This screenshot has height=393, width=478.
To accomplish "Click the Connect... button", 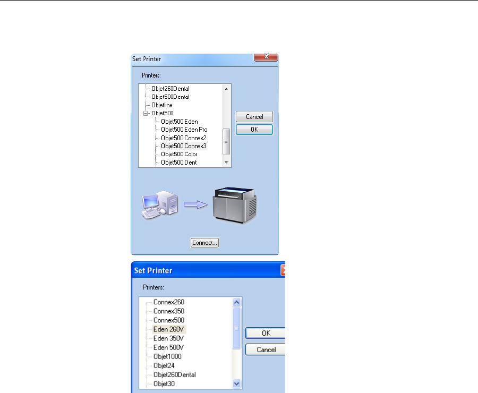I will (204, 243).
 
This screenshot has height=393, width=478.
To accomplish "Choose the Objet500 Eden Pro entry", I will (184, 130).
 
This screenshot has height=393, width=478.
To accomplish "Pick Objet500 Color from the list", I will (179, 154).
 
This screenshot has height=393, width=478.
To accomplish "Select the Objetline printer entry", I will (162, 105).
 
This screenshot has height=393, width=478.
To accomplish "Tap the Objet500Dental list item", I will (170, 97).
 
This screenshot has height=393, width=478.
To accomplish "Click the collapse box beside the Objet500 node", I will (145, 114).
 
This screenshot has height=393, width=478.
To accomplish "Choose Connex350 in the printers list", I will (169, 311).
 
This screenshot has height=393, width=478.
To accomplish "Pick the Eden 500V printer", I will (169, 347).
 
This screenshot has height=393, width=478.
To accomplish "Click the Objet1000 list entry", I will (167, 356).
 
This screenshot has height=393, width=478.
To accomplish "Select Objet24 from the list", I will (164, 365).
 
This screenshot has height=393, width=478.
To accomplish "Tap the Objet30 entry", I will (164, 383).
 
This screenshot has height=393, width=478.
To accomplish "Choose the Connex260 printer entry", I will (169, 302).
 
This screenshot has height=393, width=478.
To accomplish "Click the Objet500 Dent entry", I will (179, 163).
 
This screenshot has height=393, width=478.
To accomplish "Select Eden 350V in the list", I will (169, 338).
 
